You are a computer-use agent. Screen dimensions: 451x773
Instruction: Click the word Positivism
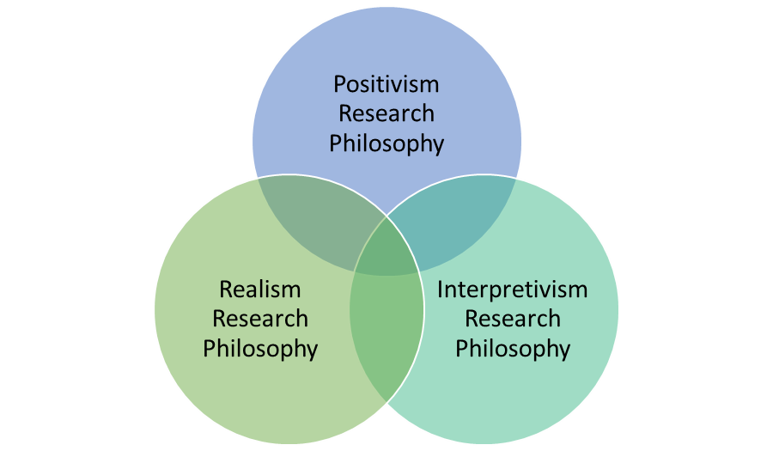click(x=386, y=85)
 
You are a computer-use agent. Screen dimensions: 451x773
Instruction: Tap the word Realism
click(x=260, y=289)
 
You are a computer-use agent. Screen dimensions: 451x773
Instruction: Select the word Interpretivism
click(x=513, y=289)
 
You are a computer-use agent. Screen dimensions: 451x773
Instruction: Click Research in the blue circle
click(x=386, y=113)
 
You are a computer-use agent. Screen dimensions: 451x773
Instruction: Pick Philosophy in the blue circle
click(x=386, y=143)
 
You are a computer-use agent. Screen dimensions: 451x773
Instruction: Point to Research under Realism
click(x=260, y=319)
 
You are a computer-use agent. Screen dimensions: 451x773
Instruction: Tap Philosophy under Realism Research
click(x=260, y=349)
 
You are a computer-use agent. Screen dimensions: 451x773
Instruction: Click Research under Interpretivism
click(x=513, y=319)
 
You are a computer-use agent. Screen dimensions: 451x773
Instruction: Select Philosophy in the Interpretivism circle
click(x=513, y=349)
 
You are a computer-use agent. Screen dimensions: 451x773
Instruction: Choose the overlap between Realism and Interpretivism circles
click(x=386, y=335)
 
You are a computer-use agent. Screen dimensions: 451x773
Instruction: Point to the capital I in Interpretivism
click(x=441, y=289)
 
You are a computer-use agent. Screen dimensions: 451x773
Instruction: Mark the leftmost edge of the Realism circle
click(x=155, y=309)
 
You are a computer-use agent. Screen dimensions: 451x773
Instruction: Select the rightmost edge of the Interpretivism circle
click(x=618, y=309)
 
